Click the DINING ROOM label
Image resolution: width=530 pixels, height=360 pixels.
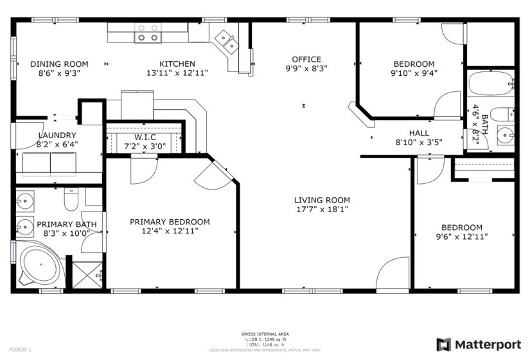(x=59, y=64)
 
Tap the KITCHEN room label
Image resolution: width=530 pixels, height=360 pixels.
(x=177, y=64)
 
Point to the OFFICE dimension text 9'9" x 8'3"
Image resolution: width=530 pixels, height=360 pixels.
(x=306, y=68)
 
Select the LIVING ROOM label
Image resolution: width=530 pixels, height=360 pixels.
(x=322, y=200)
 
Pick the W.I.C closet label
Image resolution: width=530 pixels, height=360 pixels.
(x=145, y=137)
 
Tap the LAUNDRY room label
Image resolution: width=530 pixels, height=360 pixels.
(x=57, y=135)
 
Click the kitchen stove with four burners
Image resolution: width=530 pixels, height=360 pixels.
(x=147, y=32)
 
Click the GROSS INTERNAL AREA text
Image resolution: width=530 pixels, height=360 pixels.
(x=265, y=334)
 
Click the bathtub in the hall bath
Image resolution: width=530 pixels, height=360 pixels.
(x=490, y=83)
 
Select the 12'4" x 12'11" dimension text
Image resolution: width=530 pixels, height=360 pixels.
(x=170, y=231)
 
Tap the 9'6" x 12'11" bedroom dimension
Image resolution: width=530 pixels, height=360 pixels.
(x=461, y=236)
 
